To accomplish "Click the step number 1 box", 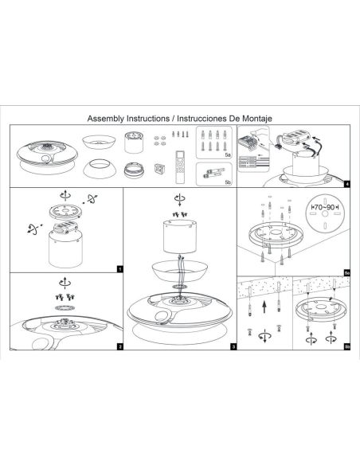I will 118,268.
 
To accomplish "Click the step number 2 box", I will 118,346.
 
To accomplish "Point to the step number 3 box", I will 233,346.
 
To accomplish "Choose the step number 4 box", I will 346,184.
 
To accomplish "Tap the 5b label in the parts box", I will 227,182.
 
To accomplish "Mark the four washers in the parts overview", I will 161,139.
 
